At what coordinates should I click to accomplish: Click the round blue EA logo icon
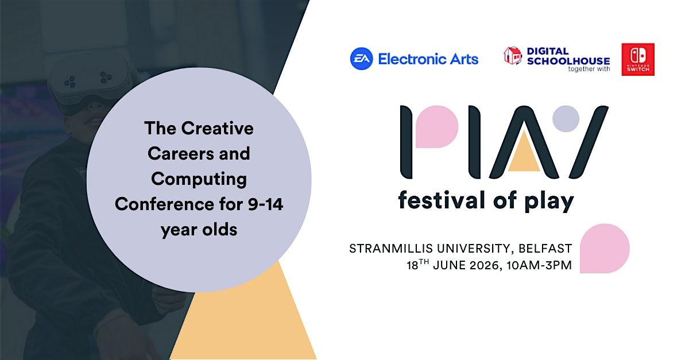pyautogui.click(x=361, y=59)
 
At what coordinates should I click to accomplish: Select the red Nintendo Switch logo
pyautogui.click(x=638, y=59)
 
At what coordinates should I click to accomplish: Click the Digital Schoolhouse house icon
pyautogui.click(x=513, y=56)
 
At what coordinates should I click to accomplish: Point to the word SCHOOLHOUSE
pyautogui.click(x=568, y=61)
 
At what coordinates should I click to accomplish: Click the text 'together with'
pyautogui.click(x=589, y=69)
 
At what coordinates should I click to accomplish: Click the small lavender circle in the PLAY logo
pyautogui.click(x=566, y=119)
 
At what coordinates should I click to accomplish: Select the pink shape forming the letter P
pyautogui.click(x=437, y=127)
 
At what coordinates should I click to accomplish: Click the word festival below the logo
pyautogui.click(x=442, y=200)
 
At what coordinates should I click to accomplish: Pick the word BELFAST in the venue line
pyautogui.click(x=545, y=249)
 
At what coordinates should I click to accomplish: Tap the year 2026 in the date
pyautogui.click(x=484, y=265)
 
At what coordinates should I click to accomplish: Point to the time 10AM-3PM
pyautogui.click(x=539, y=265)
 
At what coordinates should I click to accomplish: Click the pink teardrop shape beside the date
pyautogui.click(x=605, y=248)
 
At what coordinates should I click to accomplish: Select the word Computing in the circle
pyautogui.click(x=199, y=180)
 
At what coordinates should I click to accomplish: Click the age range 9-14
pyautogui.click(x=265, y=204)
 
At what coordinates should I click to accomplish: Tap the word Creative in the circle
pyautogui.click(x=217, y=128)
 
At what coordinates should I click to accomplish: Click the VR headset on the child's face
pyautogui.click(x=88, y=80)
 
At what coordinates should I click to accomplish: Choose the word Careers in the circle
pyautogui.click(x=180, y=153)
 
